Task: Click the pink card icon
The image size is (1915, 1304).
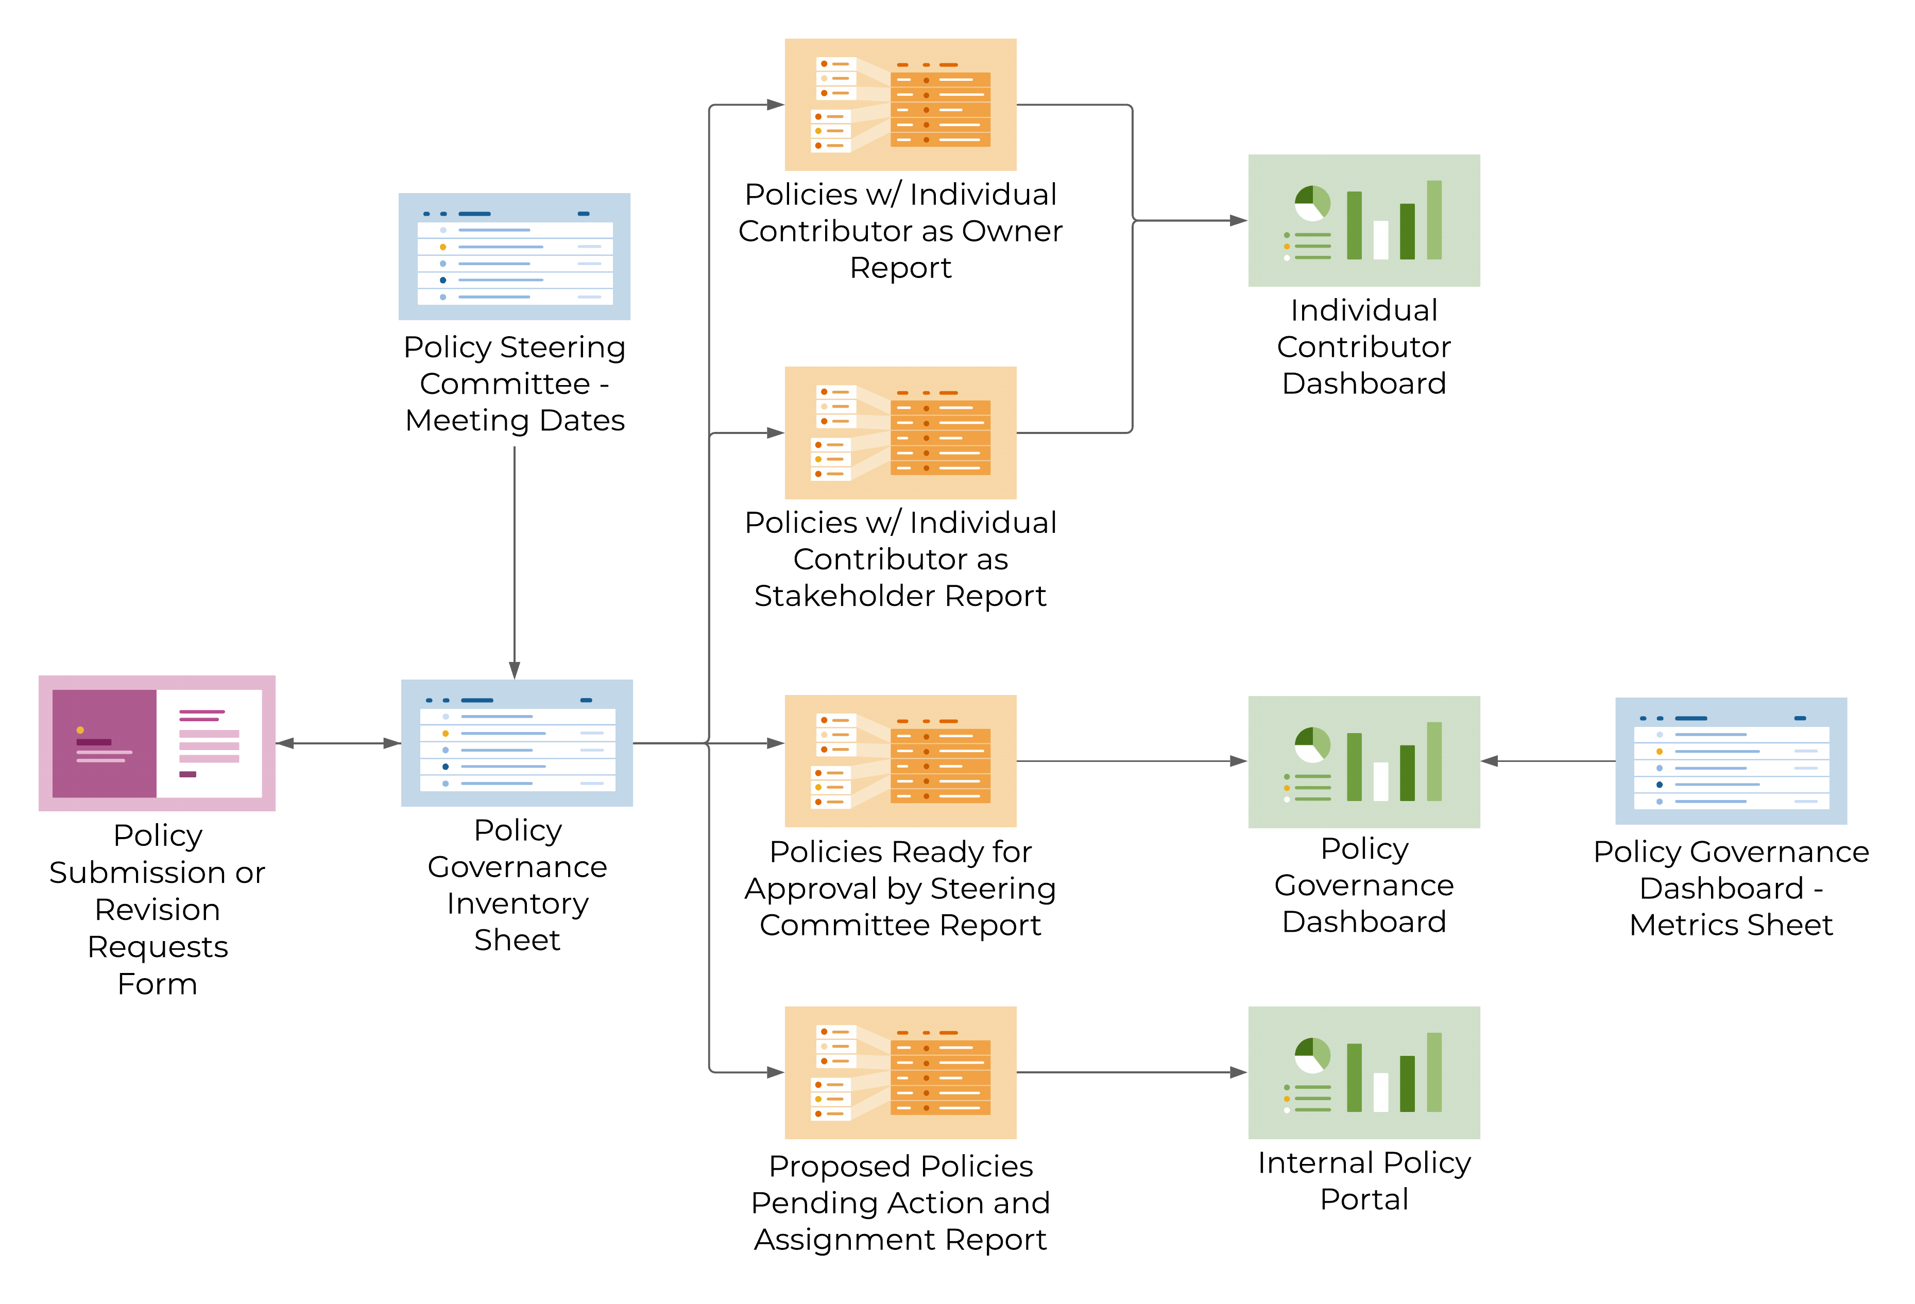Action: click(157, 743)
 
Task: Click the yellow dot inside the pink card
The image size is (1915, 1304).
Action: click(80, 730)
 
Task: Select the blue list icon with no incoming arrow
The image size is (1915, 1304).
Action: click(514, 256)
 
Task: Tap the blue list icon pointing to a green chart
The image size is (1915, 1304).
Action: click(1731, 760)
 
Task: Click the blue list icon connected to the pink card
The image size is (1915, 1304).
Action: click(517, 742)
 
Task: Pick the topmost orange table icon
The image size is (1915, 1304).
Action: click(901, 105)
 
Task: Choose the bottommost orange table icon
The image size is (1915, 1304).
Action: click(901, 1072)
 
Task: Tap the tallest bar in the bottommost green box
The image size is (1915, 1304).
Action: click(1434, 1072)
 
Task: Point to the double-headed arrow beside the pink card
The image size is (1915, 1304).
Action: click(338, 743)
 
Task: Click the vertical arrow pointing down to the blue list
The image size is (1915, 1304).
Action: click(514, 560)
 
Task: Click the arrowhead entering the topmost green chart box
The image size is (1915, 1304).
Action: click(1238, 221)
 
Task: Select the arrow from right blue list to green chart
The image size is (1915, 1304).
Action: click(1549, 761)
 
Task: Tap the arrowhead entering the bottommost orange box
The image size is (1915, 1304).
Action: click(775, 1072)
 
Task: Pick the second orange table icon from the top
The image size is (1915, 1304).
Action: click(901, 432)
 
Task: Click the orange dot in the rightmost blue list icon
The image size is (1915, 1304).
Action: click(1658, 751)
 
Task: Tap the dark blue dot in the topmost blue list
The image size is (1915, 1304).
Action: click(442, 280)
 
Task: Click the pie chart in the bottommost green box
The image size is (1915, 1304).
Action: click(1312, 1055)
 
